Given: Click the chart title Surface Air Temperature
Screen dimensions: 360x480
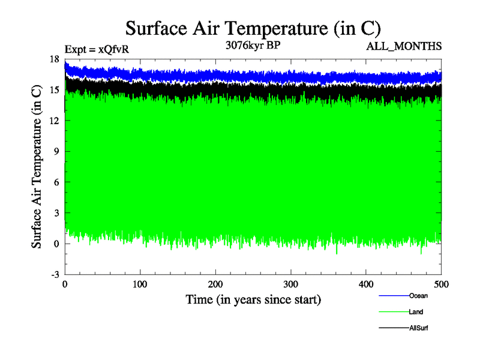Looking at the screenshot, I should pos(253,28).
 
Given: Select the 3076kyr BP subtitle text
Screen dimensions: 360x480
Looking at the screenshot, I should pos(252,44).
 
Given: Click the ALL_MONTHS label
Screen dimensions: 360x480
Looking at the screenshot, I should pos(404,46).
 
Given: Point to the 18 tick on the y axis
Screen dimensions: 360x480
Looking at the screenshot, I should pos(55,59).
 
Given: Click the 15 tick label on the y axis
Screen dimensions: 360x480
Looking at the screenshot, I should pos(55,89).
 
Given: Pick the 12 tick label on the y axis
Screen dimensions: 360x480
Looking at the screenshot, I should pos(55,121).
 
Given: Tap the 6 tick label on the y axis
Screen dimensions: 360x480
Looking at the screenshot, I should pos(57,182).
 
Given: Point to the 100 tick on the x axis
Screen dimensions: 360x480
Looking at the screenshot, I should pos(140,284).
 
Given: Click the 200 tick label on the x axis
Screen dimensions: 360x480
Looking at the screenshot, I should pos(216,284).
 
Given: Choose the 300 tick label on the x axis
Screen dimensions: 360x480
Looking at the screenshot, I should pos(291,284).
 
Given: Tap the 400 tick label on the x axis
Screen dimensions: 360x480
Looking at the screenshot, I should pos(367,284).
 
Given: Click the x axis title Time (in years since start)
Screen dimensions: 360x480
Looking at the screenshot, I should pos(253,299).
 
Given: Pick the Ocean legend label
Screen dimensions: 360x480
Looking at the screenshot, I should pos(418,296).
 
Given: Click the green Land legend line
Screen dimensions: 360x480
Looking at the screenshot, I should pos(394,312).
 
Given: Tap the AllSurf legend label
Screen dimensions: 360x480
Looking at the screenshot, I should pos(418,328).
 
